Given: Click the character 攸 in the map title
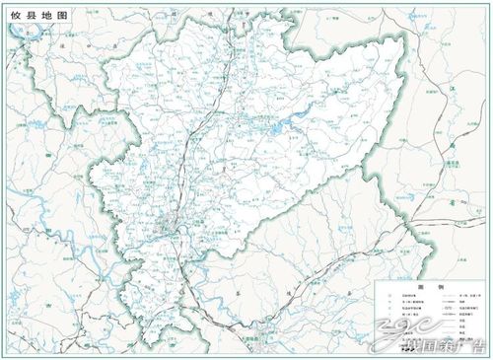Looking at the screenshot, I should pyautogui.click(x=15, y=17).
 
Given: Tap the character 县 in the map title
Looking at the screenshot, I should pyautogui.click(x=27, y=17).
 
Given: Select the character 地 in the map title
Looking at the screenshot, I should pyautogui.click(x=38, y=17).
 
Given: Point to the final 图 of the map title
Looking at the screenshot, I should pyautogui.click(x=50, y=17).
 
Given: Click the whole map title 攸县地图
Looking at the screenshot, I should pyautogui.click(x=33, y=17).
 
